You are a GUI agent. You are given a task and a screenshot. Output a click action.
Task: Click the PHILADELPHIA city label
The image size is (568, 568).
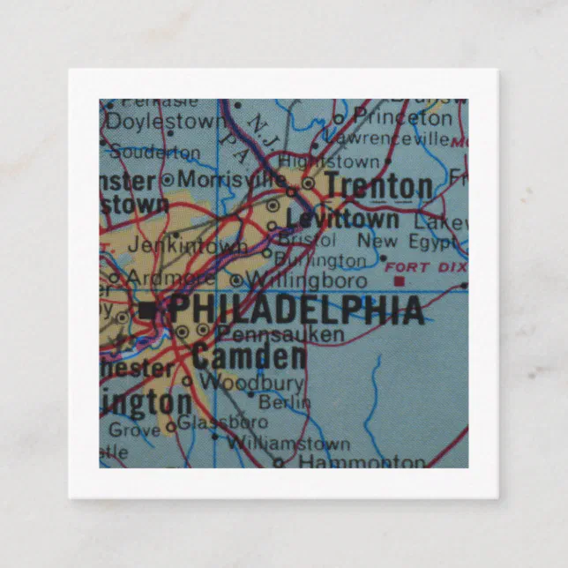click(x=295, y=310)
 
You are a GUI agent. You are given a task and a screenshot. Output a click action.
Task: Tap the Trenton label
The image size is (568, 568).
click(x=378, y=186)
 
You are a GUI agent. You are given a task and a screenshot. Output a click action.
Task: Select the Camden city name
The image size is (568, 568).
click(x=249, y=356)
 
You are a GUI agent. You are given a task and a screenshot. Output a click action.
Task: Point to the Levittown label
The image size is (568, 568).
click(x=342, y=217)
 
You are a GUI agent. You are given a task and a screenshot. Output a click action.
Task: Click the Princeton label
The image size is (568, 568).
click(x=402, y=116)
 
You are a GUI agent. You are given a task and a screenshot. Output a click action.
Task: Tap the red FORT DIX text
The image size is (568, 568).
click(x=419, y=266)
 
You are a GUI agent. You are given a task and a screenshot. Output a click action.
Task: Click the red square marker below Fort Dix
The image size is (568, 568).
click(x=399, y=281)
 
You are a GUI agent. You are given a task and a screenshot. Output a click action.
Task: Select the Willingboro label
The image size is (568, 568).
click(x=306, y=281)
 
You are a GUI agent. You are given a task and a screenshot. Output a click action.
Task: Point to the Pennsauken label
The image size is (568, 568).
click(x=280, y=334)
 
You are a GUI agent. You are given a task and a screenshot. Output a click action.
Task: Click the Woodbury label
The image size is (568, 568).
click(x=251, y=383)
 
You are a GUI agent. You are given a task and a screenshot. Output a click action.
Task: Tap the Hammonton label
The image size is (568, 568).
click(x=362, y=461)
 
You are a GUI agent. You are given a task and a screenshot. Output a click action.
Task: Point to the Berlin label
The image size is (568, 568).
click(x=285, y=402)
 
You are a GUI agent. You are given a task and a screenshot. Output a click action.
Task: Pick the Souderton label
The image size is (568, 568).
click(x=154, y=152)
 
